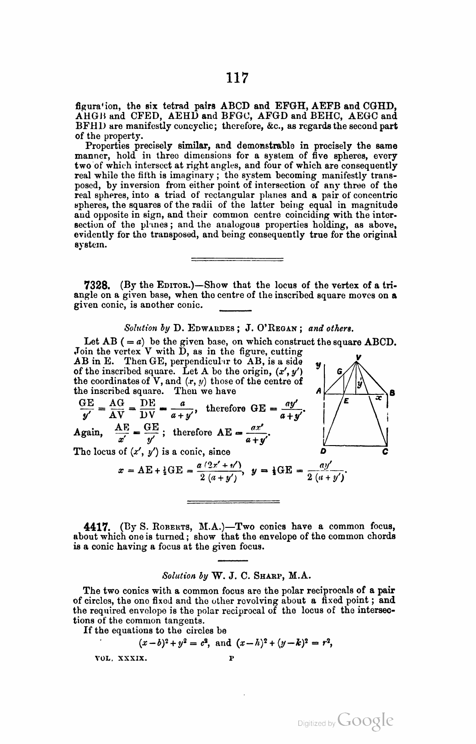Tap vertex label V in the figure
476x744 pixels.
359,357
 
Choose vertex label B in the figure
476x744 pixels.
392,393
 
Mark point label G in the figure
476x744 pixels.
339,372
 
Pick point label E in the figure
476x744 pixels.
346,401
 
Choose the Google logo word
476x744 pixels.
365,721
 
